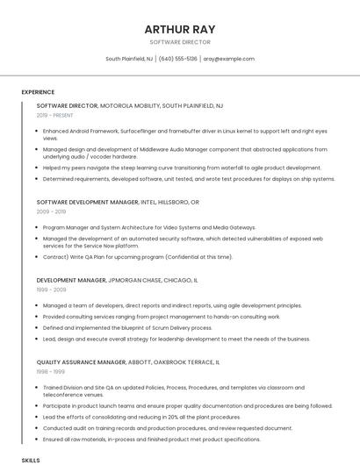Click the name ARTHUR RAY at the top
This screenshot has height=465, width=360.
coord(180,29)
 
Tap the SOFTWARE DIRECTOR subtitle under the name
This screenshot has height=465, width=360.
coord(180,42)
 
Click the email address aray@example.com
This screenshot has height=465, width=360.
coord(228,59)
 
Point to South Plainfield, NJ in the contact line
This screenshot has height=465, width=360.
coord(129,59)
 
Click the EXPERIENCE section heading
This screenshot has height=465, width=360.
coord(38,92)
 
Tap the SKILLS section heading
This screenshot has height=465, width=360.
coord(31,460)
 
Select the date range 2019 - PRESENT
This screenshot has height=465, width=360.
coord(54,115)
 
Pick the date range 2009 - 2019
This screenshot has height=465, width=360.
coord(51,211)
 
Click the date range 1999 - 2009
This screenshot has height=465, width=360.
coord(51,289)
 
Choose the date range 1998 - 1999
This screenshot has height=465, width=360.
coord(51,371)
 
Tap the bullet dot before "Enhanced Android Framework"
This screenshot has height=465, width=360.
coord(38,131)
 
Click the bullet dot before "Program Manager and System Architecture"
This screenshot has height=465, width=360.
coord(38,227)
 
